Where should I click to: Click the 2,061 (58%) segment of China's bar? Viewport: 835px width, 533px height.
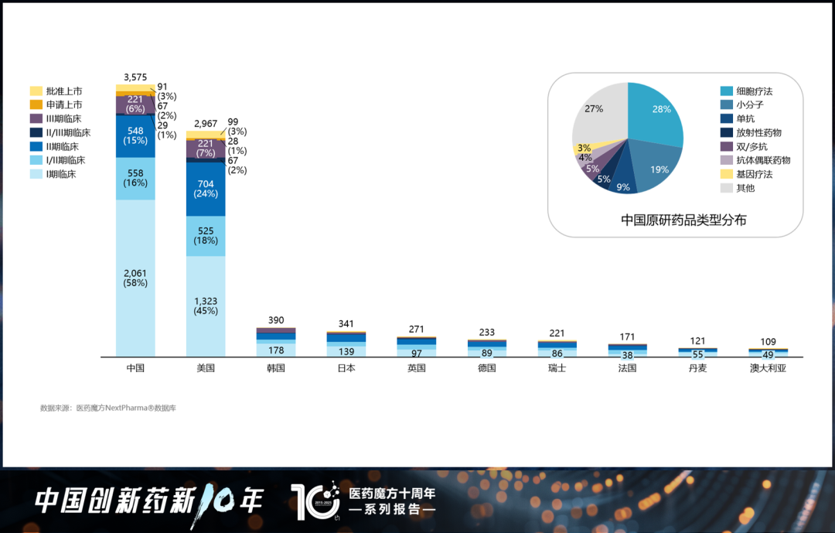point(135,277)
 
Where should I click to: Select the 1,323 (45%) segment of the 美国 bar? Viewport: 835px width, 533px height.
point(206,305)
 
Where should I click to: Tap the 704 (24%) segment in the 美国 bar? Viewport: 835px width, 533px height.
point(206,189)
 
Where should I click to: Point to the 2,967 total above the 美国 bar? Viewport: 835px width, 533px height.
point(206,124)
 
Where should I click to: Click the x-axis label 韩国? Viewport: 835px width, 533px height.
point(276,368)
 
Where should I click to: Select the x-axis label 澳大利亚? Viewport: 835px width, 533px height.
point(768,368)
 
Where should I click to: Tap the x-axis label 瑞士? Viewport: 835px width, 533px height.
point(557,368)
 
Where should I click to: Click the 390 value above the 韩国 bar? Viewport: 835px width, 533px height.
point(276,320)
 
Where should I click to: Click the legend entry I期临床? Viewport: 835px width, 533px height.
point(60,174)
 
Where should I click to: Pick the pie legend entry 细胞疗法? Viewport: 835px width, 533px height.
point(753,91)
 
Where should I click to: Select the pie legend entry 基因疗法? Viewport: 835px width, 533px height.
point(753,174)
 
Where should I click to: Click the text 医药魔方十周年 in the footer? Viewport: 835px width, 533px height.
point(392,494)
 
